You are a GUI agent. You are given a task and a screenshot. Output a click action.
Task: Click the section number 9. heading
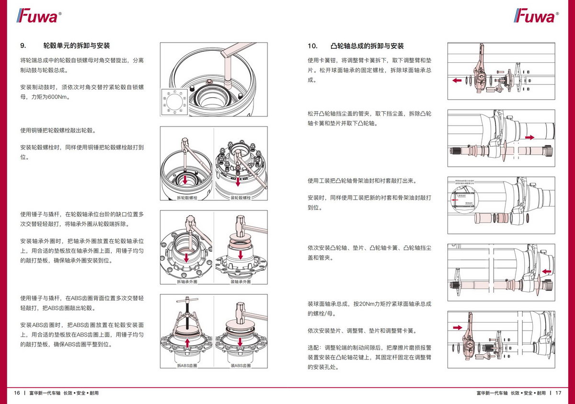pyautogui.click(x=23, y=46)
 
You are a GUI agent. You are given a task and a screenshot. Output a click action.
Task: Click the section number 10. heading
pyautogui.click(x=312, y=46)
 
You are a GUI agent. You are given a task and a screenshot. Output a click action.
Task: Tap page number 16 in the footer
pyautogui.click(x=17, y=393)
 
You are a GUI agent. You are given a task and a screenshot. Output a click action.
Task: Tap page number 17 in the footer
pyautogui.click(x=558, y=393)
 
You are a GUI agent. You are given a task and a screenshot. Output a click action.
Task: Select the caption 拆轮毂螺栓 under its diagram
pyautogui.click(x=187, y=197)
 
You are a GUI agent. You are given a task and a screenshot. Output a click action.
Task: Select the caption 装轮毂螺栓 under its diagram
pyautogui.click(x=241, y=197)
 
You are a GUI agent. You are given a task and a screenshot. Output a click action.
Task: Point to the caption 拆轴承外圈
pyautogui.click(x=187, y=281)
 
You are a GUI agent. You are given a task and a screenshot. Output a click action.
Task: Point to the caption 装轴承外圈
pyautogui.click(x=241, y=281)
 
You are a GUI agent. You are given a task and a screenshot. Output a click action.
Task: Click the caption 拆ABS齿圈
pyautogui.click(x=187, y=366)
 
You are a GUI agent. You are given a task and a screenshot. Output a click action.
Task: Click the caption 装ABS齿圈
pyautogui.click(x=241, y=366)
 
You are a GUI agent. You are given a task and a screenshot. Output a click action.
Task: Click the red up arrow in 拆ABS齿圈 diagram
pyautogui.click(x=187, y=342)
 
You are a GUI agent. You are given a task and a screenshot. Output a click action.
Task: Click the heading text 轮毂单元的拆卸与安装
pyautogui.click(x=77, y=46)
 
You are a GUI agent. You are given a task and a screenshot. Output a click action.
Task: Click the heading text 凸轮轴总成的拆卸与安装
pyautogui.click(x=367, y=46)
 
